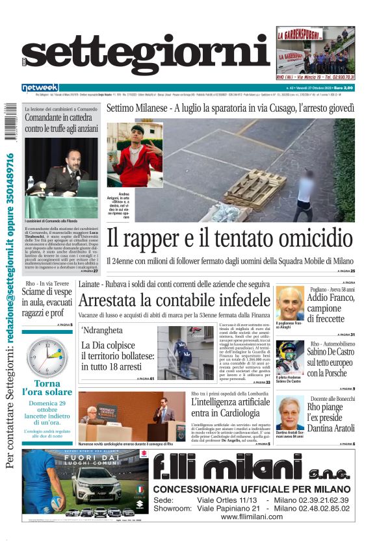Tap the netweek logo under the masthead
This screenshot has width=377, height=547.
[x=40, y=87]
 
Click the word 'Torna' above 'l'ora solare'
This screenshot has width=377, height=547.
[x=46, y=383]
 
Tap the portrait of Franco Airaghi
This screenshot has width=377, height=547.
[x=289, y=303]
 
